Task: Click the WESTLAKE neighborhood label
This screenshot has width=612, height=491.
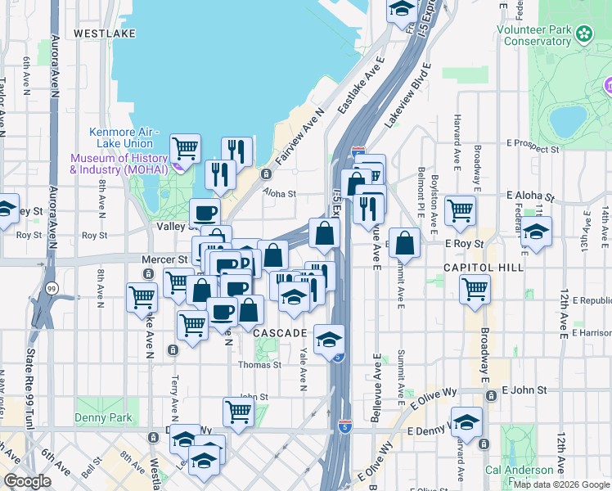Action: click(104, 34)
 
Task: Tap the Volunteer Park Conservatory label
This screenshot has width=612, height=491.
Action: click(534, 34)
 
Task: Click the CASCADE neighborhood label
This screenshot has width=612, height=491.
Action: click(279, 334)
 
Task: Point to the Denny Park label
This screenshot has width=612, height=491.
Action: click(110, 417)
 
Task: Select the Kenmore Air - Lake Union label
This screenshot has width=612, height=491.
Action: click(124, 137)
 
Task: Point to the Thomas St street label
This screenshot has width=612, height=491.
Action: click(259, 365)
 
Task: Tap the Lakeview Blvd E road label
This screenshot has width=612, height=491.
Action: click(407, 94)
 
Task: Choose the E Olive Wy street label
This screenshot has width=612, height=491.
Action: click(431, 400)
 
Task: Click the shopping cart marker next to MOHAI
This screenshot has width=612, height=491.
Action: click(186, 148)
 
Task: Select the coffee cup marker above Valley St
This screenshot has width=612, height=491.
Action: click(205, 213)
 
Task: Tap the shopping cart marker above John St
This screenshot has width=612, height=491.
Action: click(238, 411)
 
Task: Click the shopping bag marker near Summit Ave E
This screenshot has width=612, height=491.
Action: click(406, 241)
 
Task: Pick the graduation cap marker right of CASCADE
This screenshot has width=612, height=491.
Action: click(329, 338)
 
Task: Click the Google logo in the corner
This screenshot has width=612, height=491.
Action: click(27, 480)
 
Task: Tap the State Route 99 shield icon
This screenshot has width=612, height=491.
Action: click(52, 289)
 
